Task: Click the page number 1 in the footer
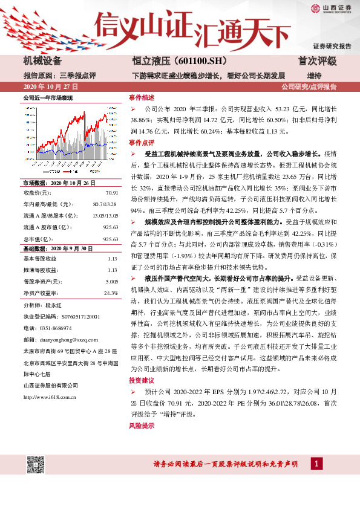click(x=316, y=464)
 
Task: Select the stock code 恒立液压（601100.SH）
click(x=175, y=61)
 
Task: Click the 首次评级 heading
click(x=317, y=61)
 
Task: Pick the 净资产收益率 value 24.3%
click(x=111, y=293)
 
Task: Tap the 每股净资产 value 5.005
click(x=111, y=282)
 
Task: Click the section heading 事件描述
click(x=141, y=97)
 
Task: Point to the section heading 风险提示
click(x=141, y=426)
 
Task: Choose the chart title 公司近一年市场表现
click(x=47, y=97)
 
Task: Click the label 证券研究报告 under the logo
click(x=332, y=46)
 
